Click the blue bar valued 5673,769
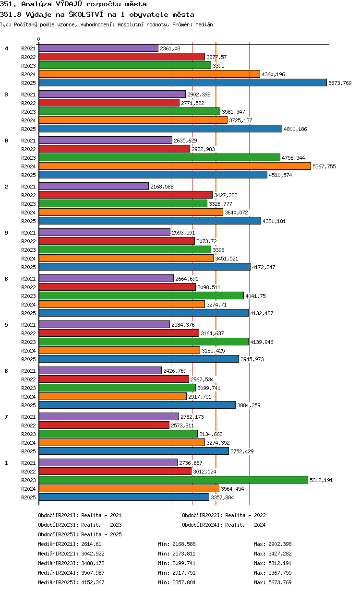click(182, 83)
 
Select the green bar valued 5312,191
click(173, 480)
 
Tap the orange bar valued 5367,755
click(175, 166)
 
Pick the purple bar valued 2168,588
click(94, 186)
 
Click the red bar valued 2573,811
click(104, 425)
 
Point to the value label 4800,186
click(295, 129)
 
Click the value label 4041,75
click(255, 296)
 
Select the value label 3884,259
click(249, 405)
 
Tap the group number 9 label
click(6, 233)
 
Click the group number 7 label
click(6, 417)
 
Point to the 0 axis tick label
click(39, 39)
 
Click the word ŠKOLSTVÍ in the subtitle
click(86, 14)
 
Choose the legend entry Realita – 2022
click(245, 515)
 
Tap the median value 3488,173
click(93, 563)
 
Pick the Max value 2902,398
click(280, 544)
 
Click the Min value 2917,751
click(184, 573)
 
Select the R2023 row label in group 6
click(28, 296)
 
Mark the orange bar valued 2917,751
click(113, 396)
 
